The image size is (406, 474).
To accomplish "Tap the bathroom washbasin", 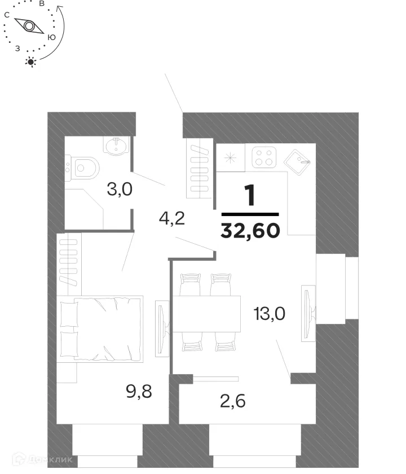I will coord(117,146).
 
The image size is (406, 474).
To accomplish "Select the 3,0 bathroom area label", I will coord(120,189).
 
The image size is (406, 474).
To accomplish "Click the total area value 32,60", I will coord(250,230).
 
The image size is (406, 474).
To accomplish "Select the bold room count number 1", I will coord(250,196).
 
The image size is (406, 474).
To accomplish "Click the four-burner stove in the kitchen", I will coord(263,157).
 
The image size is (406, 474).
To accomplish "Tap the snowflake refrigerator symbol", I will coord(230,158).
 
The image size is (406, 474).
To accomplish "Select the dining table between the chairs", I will coord(206,314).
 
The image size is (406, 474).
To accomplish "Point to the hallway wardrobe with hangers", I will coord(200,169).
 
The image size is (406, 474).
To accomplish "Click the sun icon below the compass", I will coord(32,62).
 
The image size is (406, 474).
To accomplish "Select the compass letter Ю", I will coord(51,37).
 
